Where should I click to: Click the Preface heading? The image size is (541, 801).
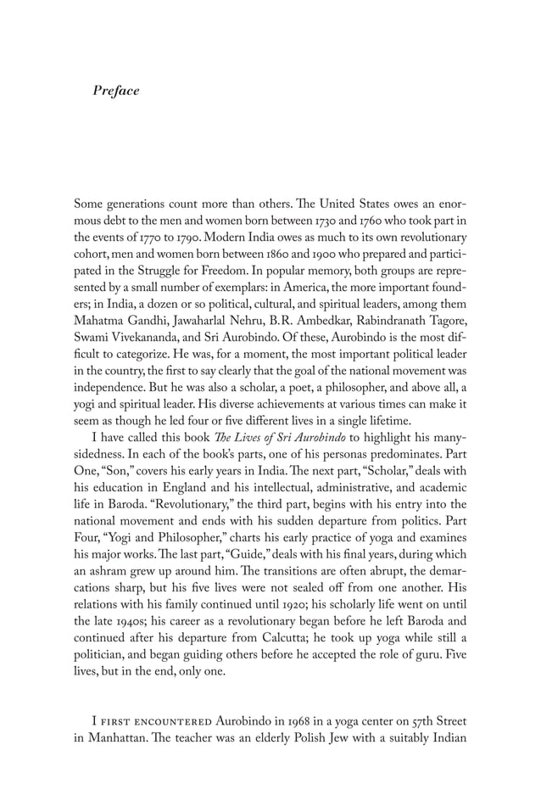click(x=116, y=90)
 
